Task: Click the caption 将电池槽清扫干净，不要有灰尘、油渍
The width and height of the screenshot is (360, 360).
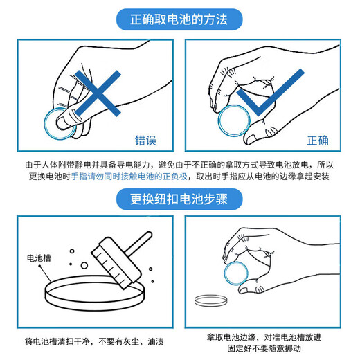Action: (x=93, y=341)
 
